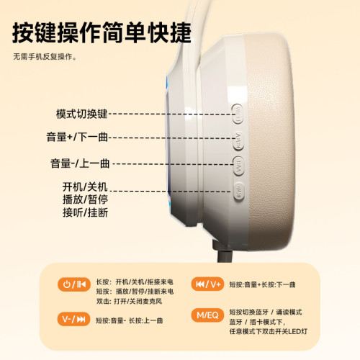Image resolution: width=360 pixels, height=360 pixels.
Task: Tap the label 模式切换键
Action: pos(81,114)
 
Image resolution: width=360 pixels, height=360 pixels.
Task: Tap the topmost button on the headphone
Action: pos(238,112)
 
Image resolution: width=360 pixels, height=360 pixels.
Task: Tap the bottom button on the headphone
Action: pos(238,190)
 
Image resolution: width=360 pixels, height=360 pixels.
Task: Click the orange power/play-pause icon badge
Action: pos(75,283)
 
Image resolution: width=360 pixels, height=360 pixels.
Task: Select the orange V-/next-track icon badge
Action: pos(75,318)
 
